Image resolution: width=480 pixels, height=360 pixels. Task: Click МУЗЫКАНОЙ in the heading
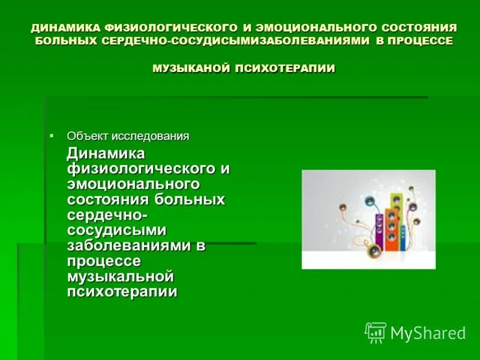[191, 68]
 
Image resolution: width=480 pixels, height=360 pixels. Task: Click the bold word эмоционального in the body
[133, 184]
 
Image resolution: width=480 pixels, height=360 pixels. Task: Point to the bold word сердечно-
[108, 215]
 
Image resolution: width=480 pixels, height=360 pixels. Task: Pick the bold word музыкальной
[120, 277]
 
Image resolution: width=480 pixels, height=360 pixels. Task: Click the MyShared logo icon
[375, 332]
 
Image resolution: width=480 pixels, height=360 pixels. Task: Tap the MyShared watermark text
[428, 333]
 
